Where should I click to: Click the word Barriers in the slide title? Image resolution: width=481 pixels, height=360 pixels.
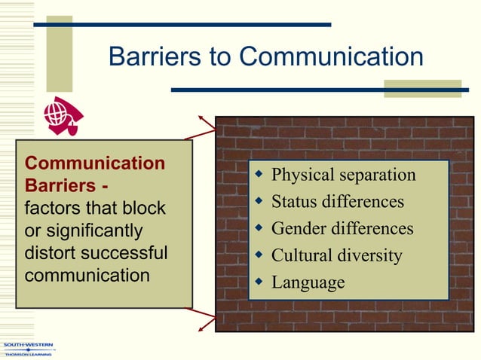click(x=148, y=56)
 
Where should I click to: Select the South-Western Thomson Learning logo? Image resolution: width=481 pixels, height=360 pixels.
click(x=27, y=349)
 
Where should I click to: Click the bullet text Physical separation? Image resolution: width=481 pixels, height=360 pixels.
click(x=343, y=175)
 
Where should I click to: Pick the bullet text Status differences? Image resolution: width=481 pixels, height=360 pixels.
click(x=337, y=202)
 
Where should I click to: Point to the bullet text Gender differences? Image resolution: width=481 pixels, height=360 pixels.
click(x=342, y=228)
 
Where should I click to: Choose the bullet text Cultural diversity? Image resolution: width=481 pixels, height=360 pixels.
click(x=336, y=255)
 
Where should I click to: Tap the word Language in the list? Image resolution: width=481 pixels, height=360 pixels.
click(x=308, y=282)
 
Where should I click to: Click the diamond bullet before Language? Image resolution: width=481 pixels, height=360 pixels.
click(x=258, y=282)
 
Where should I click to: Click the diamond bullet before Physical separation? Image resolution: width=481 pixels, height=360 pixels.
click(x=258, y=175)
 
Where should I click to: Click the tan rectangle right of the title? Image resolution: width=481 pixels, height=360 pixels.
click(x=422, y=89)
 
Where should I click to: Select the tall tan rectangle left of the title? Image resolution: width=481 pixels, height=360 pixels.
click(x=60, y=53)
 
